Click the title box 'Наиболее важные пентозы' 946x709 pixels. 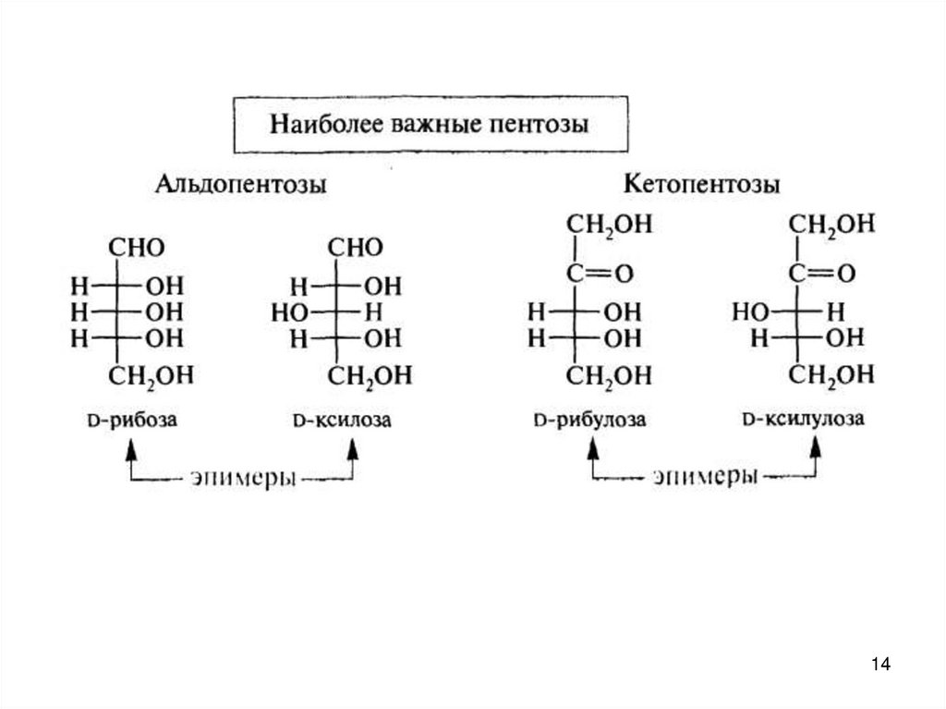pyautogui.click(x=429, y=123)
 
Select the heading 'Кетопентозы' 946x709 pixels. pyautogui.click(x=701, y=184)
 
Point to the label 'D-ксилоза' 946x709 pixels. pyautogui.click(x=342, y=421)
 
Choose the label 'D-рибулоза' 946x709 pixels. pyautogui.click(x=589, y=421)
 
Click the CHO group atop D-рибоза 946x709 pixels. pyautogui.click(x=137, y=248)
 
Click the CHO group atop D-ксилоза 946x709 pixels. pyautogui.click(x=357, y=248)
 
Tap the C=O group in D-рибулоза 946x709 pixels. pyautogui.click(x=600, y=274)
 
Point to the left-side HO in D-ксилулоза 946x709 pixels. pyautogui.click(x=747, y=312)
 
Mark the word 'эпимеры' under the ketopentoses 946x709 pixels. pyautogui.click(x=704, y=478)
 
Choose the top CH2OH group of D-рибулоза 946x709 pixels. pyautogui.click(x=610, y=223)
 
